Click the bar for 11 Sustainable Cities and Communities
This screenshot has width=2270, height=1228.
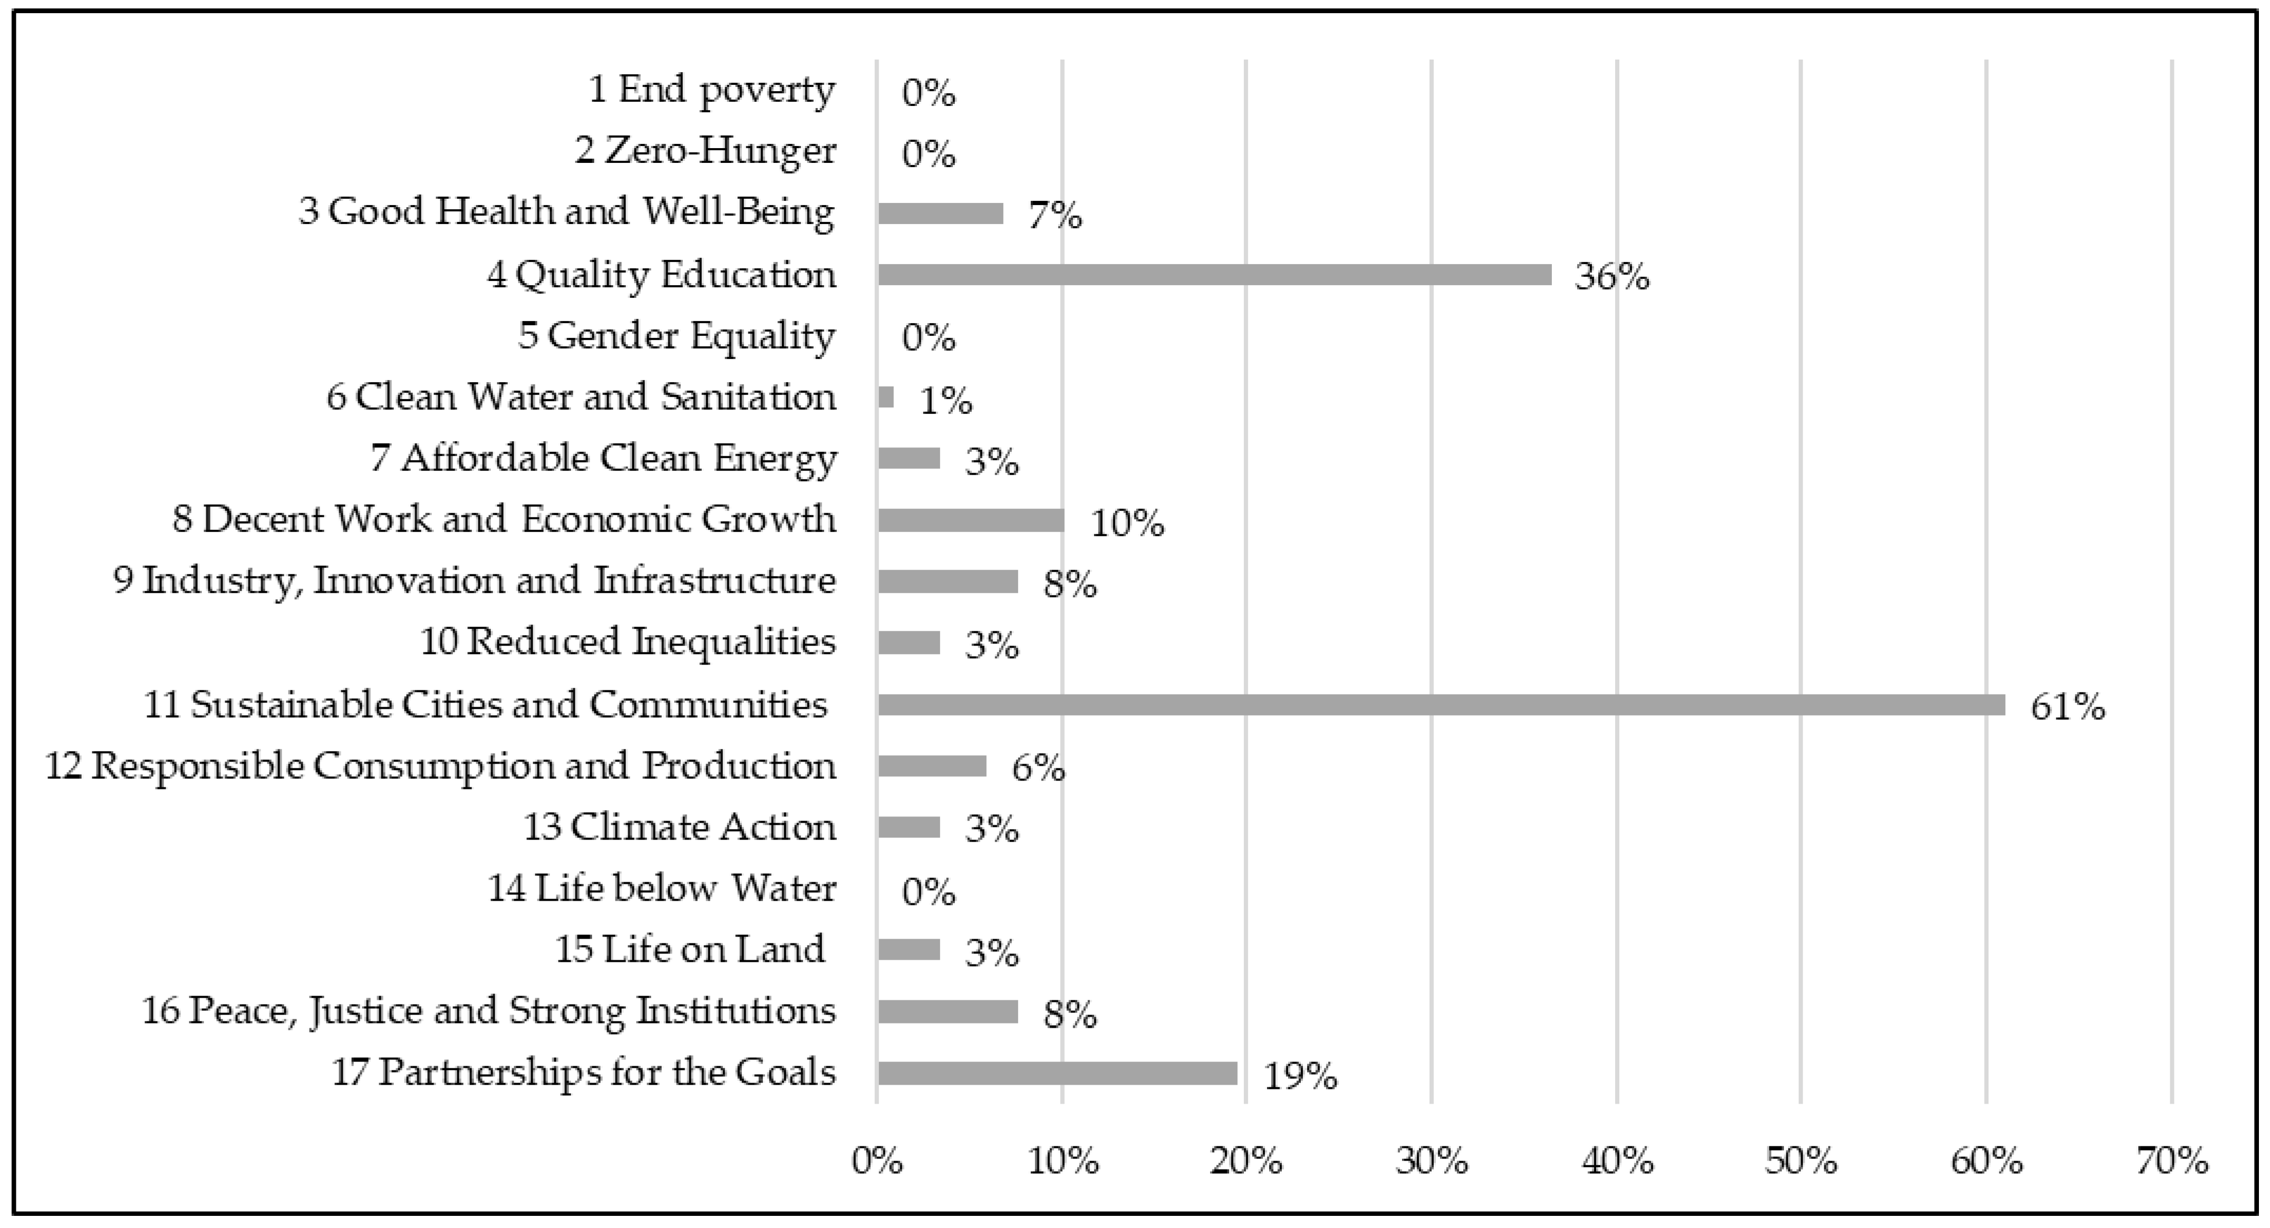coord(1441,705)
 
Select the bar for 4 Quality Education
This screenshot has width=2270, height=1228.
coord(1214,275)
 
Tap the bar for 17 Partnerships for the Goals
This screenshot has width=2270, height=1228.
coord(1057,1073)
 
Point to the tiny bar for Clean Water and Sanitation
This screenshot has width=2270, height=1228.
coord(886,397)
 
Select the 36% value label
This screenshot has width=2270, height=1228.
coord(1612,278)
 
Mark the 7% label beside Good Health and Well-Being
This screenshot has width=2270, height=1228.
coord(1055,216)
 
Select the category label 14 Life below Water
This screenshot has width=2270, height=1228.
coord(662,888)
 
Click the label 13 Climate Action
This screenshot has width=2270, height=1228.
coord(679,827)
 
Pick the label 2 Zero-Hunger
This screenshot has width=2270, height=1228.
coord(705,151)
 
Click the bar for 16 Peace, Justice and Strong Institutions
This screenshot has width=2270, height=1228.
coord(948,1011)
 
